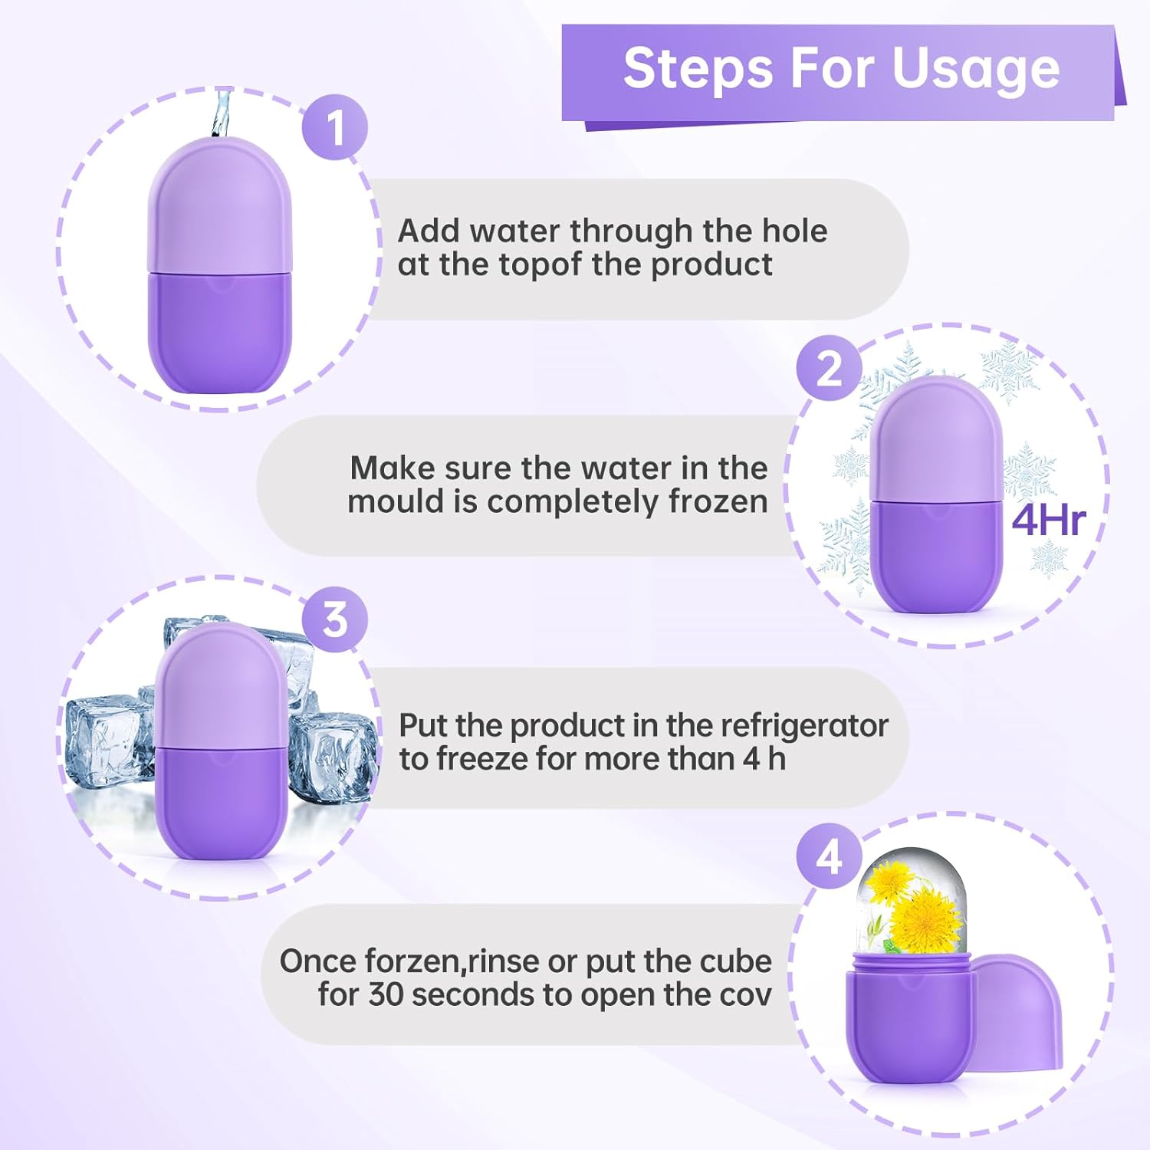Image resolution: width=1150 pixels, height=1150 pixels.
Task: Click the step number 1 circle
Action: pos(334,127)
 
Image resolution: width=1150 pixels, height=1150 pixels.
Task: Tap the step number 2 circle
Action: pos(829,369)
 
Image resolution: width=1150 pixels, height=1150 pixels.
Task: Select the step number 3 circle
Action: pos(334,619)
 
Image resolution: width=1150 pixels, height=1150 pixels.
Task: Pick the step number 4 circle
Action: pos(829,856)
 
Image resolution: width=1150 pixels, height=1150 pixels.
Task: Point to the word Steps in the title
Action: pos(698,69)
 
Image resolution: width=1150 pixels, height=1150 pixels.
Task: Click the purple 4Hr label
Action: pos(1048,521)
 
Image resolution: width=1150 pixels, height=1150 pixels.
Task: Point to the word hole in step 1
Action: pos(794,231)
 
